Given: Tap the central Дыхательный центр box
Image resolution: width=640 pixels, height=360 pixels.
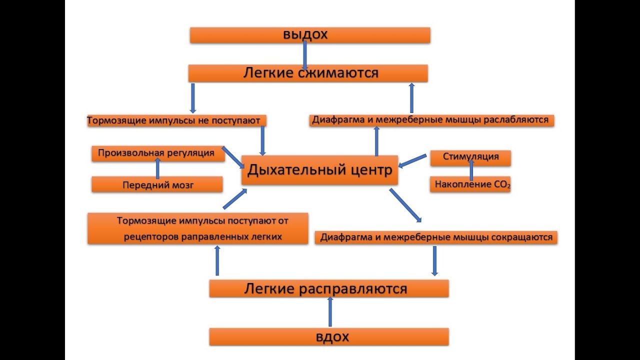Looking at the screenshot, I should point(319,170).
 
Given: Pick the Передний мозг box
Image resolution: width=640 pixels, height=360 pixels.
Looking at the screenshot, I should point(157,184).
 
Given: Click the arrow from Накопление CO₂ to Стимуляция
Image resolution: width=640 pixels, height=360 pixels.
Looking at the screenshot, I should point(471,170).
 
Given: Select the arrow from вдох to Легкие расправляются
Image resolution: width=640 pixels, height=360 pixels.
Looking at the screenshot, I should point(330,312).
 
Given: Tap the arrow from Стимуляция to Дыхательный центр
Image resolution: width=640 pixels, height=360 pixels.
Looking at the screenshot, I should point(413,160).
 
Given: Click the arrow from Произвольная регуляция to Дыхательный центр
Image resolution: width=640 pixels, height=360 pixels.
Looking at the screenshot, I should point(232,157).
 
